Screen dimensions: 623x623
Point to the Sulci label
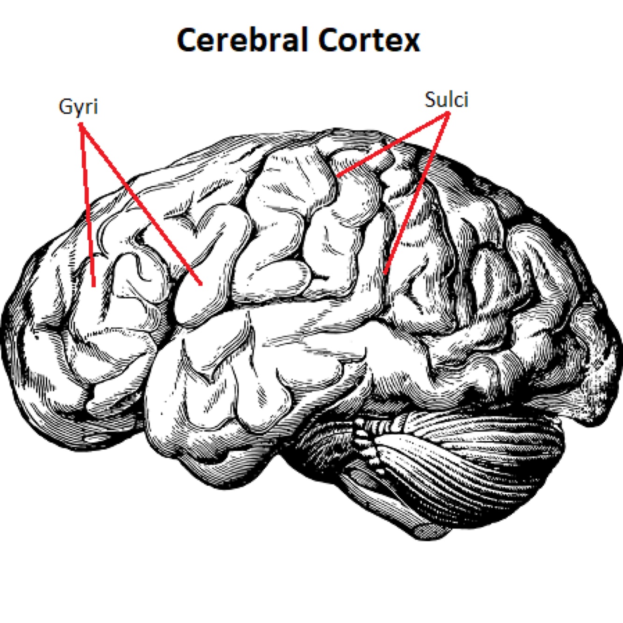click(446, 100)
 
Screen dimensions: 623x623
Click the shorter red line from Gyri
click(87, 205)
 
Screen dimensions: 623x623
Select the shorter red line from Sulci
click(392, 145)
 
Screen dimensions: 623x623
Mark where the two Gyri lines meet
click(81, 125)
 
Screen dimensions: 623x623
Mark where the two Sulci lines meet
click(447, 115)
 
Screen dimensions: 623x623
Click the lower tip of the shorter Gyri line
click(94, 286)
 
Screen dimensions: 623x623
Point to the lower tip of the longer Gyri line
click(201, 283)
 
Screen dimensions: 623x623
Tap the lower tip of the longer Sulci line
click(385, 273)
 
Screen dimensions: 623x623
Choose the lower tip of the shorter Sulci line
click(338, 176)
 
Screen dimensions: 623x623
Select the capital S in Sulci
click(430, 100)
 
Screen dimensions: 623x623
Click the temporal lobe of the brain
click(262, 374)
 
